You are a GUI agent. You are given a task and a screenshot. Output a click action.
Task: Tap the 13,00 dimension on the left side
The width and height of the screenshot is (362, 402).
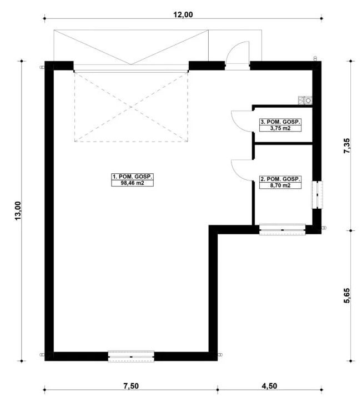coord(18,210)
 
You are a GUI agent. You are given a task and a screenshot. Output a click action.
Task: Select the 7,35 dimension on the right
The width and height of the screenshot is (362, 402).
coord(347,147)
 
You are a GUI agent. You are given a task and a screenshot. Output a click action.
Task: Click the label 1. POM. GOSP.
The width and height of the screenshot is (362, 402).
coord(132,176)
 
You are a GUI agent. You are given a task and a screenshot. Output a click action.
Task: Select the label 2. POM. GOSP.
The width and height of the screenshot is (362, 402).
coord(280,179)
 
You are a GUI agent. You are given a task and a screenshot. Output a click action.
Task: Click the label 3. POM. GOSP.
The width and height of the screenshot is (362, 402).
coord(280,122)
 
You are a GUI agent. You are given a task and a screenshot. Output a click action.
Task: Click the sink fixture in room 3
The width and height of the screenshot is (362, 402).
coord(305,100)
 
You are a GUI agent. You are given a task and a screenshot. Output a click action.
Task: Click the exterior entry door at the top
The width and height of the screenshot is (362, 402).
coord(238,56)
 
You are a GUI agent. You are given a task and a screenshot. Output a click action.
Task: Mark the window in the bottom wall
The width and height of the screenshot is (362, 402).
coord(130,356)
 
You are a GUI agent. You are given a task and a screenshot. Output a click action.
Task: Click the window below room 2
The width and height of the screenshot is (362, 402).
coord(282,229)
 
